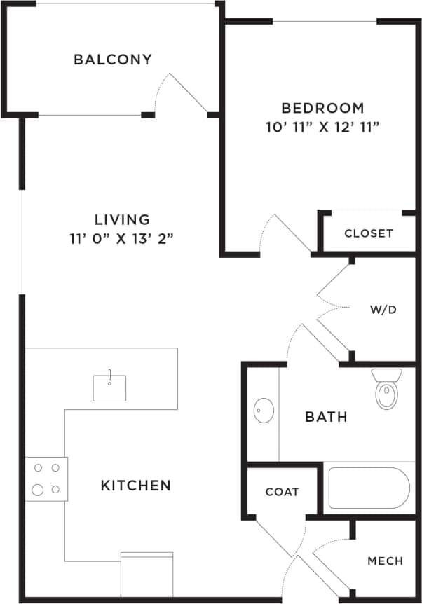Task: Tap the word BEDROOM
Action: [322, 108]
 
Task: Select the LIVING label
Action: [123, 219]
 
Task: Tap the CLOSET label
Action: [369, 233]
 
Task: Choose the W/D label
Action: [383, 308]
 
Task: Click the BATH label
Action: [327, 417]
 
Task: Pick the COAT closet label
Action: [282, 492]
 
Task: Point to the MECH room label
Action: [385, 561]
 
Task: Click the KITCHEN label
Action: [136, 485]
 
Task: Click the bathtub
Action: [369, 488]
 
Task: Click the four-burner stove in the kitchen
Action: [46, 479]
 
